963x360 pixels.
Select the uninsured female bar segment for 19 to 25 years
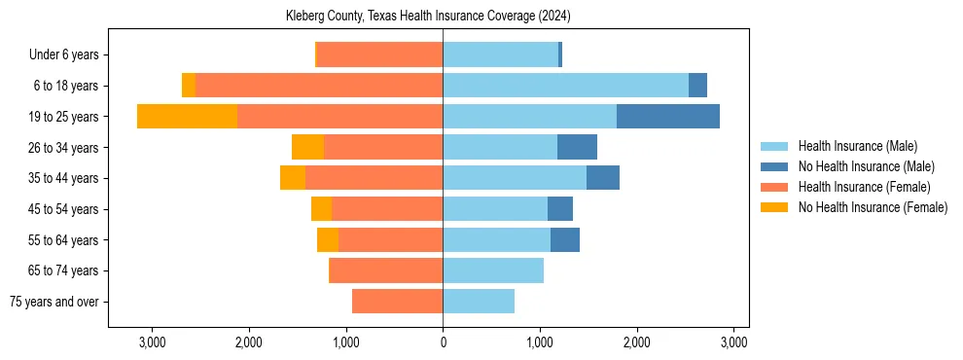pyautogui.click(x=187, y=117)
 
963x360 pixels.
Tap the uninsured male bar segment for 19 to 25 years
pyautogui.click(x=667, y=117)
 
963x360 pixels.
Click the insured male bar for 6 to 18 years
pyautogui.click(x=565, y=86)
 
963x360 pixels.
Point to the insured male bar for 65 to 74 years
pyautogui.click(x=492, y=270)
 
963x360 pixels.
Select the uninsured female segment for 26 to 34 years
pyautogui.click(x=307, y=147)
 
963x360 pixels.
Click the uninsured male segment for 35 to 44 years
pyautogui.click(x=602, y=178)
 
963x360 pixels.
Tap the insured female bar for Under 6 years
pyautogui.click(x=380, y=54)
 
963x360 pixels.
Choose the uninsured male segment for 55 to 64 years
pyautogui.click(x=564, y=239)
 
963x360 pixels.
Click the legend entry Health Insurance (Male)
pyautogui.click(x=857, y=146)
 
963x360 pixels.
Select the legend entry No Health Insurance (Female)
pyautogui.click(x=873, y=207)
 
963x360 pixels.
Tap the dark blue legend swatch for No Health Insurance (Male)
pyautogui.click(x=774, y=166)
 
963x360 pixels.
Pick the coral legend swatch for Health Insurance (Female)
pyautogui.click(x=774, y=187)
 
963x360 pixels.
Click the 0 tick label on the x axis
pyautogui.click(x=443, y=342)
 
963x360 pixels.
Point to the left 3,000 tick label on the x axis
pyautogui.click(x=152, y=342)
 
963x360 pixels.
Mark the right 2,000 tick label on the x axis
pyautogui.click(x=636, y=342)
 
